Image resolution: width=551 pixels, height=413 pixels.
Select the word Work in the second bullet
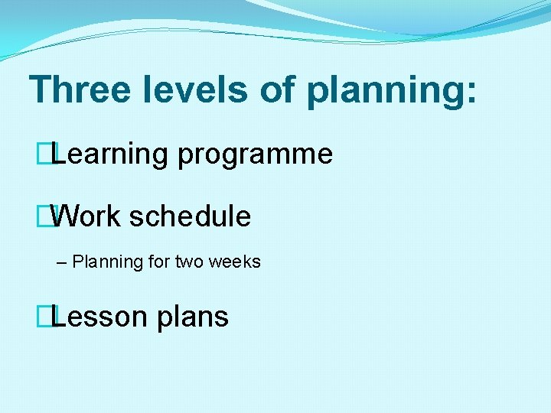click(86, 216)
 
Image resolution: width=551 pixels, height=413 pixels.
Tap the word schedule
click(190, 216)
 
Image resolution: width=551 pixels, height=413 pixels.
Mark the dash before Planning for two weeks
click(62, 262)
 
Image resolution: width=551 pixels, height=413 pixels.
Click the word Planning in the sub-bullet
click(108, 262)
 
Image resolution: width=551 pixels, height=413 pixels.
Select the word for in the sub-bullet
click(159, 262)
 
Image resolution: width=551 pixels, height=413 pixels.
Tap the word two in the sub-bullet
click(189, 262)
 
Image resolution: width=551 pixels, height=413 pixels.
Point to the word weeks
click(235, 262)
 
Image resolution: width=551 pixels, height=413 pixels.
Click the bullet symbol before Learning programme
click(51, 155)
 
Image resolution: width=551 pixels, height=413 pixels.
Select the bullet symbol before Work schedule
click(51, 216)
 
